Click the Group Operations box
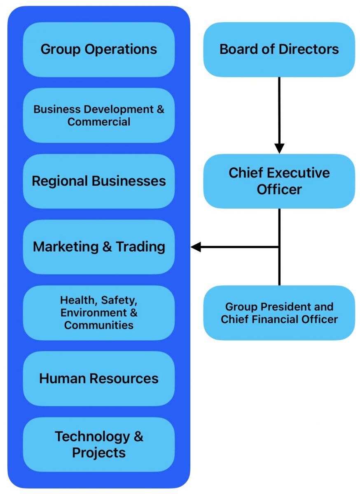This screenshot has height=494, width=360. point(98,49)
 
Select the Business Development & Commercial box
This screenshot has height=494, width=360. point(98,115)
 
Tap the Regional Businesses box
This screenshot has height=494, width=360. point(98,181)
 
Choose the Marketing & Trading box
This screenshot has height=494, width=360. point(98,247)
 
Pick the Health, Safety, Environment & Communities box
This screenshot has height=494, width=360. point(98,313)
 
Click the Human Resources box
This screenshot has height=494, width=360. point(98,379)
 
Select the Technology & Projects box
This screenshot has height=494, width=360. point(98,445)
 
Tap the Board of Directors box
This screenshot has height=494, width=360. point(279,49)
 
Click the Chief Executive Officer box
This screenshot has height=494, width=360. point(279,181)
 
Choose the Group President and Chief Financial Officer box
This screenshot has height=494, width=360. point(279,313)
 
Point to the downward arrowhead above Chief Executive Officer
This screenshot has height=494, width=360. point(279,148)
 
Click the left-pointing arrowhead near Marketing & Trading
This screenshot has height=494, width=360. point(196,247)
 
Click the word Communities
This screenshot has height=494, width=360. point(98,325)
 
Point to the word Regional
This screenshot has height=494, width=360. point(61,181)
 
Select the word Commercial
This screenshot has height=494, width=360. point(98,122)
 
